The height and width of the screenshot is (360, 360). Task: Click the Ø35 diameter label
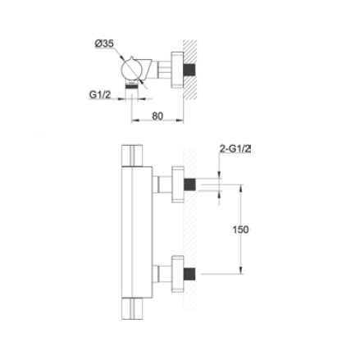click(x=104, y=44)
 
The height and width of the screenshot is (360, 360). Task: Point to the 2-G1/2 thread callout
click(x=235, y=148)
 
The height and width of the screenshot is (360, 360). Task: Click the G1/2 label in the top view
click(x=100, y=94)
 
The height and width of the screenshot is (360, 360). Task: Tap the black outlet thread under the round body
click(x=130, y=85)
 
